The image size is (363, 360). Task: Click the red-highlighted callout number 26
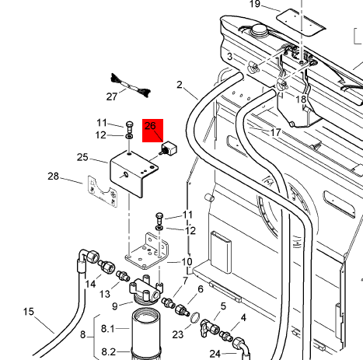coord(150,126)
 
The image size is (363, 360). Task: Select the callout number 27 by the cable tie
coord(112,96)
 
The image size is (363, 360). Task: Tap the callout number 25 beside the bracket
coord(82,157)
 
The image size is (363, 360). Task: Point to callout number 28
coord(53,177)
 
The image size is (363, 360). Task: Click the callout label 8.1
coord(107,329)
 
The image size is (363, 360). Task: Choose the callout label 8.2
coord(108,351)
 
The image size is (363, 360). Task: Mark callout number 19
coord(255,4)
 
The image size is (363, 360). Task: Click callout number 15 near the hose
coord(29,311)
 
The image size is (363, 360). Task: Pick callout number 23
coord(178,334)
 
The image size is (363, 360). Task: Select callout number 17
coord(275,132)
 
